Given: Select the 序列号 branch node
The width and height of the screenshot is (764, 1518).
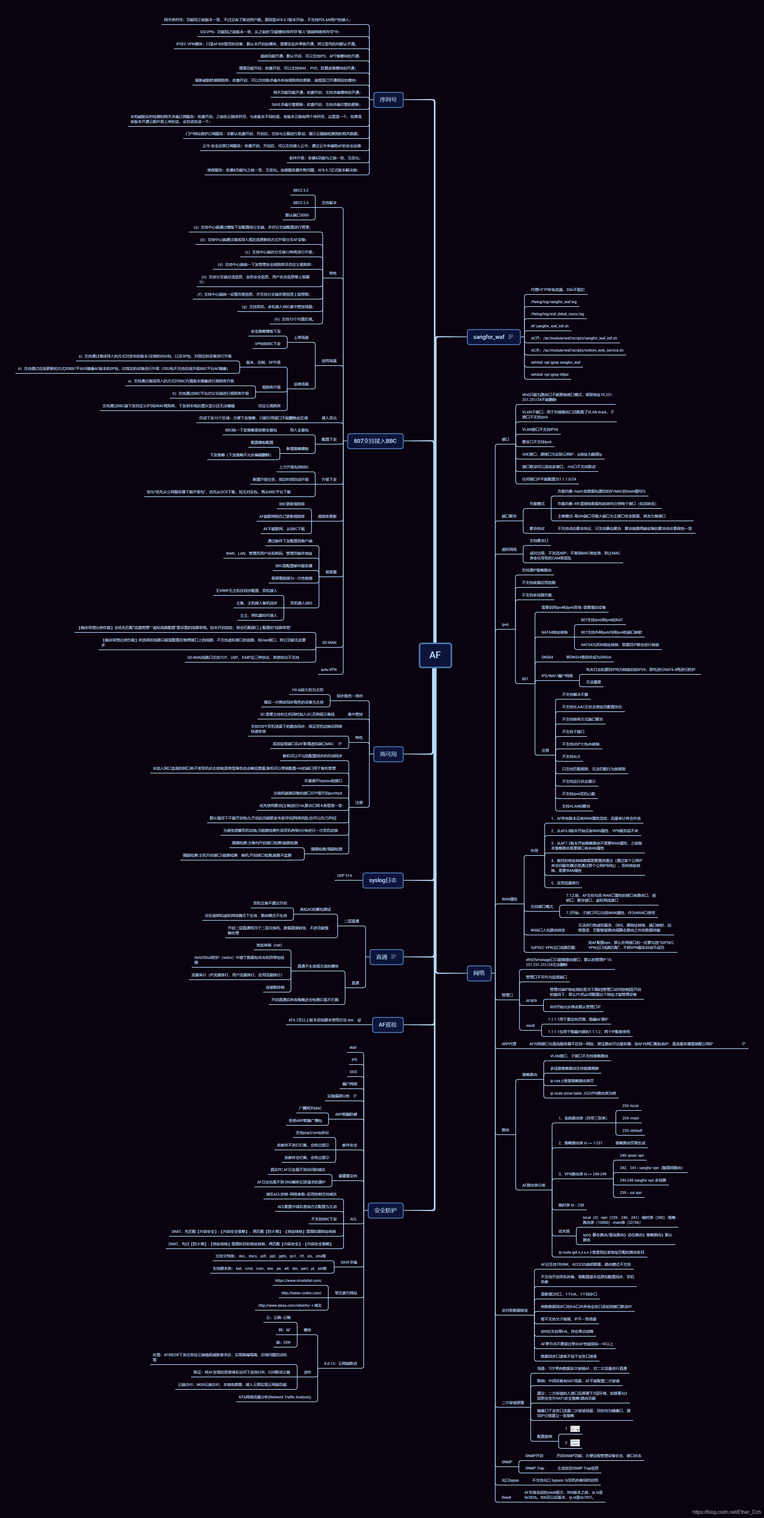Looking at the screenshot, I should [x=388, y=100].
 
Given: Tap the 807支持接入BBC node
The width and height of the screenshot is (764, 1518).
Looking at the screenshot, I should [x=375, y=441].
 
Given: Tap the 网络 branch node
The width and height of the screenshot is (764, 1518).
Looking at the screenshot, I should [x=479, y=973].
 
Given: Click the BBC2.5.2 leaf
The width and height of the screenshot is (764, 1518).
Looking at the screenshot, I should [x=301, y=190].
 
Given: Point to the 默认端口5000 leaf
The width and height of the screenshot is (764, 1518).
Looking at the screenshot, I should [x=297, y=215].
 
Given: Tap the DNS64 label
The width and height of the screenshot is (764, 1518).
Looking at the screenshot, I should [x=547, y=657].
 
